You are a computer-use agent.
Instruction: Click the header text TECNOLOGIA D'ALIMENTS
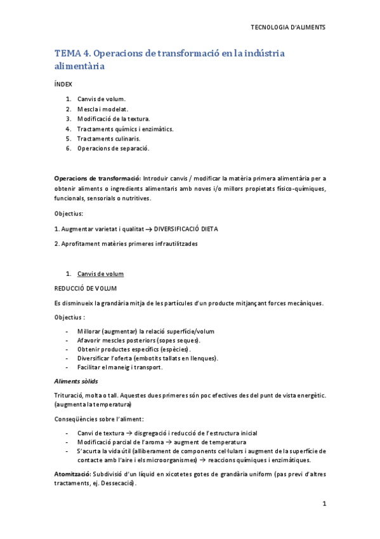pyautogui.click(x=289, y=27)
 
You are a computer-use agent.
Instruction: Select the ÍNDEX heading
pyautogui.click(x=63, y=84)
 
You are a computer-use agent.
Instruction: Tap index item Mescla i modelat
pyautogui.click(x=101, y=109)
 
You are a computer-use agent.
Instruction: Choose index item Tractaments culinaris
pyautogui.click(x=108, y=139)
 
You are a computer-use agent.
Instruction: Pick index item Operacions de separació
pyautogui.click(x=113, y=149)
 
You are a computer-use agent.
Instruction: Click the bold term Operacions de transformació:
pyautogui.click(x=98, y=178)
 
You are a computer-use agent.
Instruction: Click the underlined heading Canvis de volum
pyautogui.click(x=100, y=274)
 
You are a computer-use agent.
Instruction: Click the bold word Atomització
pyautogui.click(x=72, y=474)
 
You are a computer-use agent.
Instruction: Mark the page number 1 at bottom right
pyautogui.click(x=324, y=504)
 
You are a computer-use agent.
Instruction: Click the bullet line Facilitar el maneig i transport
pyautogui.click(x=120, y=367)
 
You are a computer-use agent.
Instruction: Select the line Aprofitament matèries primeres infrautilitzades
pyautogui.click(x=126, y=243)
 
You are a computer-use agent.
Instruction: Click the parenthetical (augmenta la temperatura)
pyautogui.click(x=93, y=404)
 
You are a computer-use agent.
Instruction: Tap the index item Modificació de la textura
pyautogui.click(x=113, y=119)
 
